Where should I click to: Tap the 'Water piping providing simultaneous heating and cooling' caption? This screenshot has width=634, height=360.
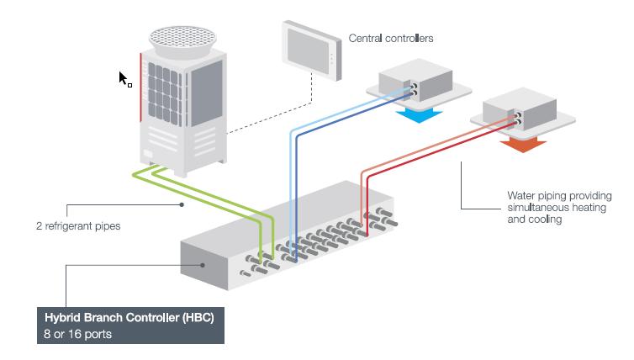tap(559, 207)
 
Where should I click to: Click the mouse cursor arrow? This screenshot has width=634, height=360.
tap(123, 78)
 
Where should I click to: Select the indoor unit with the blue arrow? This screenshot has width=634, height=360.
tap(411, 85)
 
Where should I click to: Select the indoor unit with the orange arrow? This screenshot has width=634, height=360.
tap(516, 114)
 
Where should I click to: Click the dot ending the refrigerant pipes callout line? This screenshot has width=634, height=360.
tap(180, 204)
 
